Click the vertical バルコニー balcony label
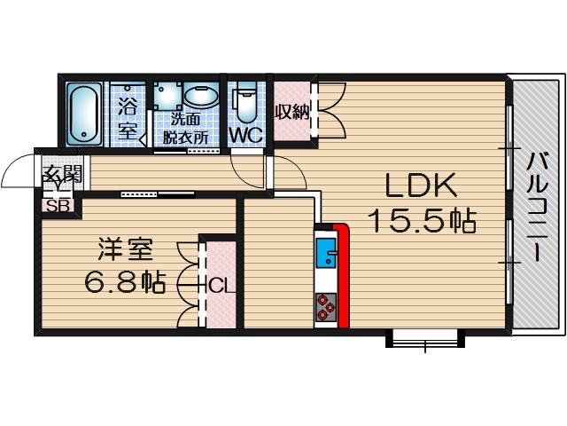click(x=536, y=206)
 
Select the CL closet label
click(x=221, y=285)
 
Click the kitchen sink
click(x=325, y=253)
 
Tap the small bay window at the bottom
click(x=425, y=339)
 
